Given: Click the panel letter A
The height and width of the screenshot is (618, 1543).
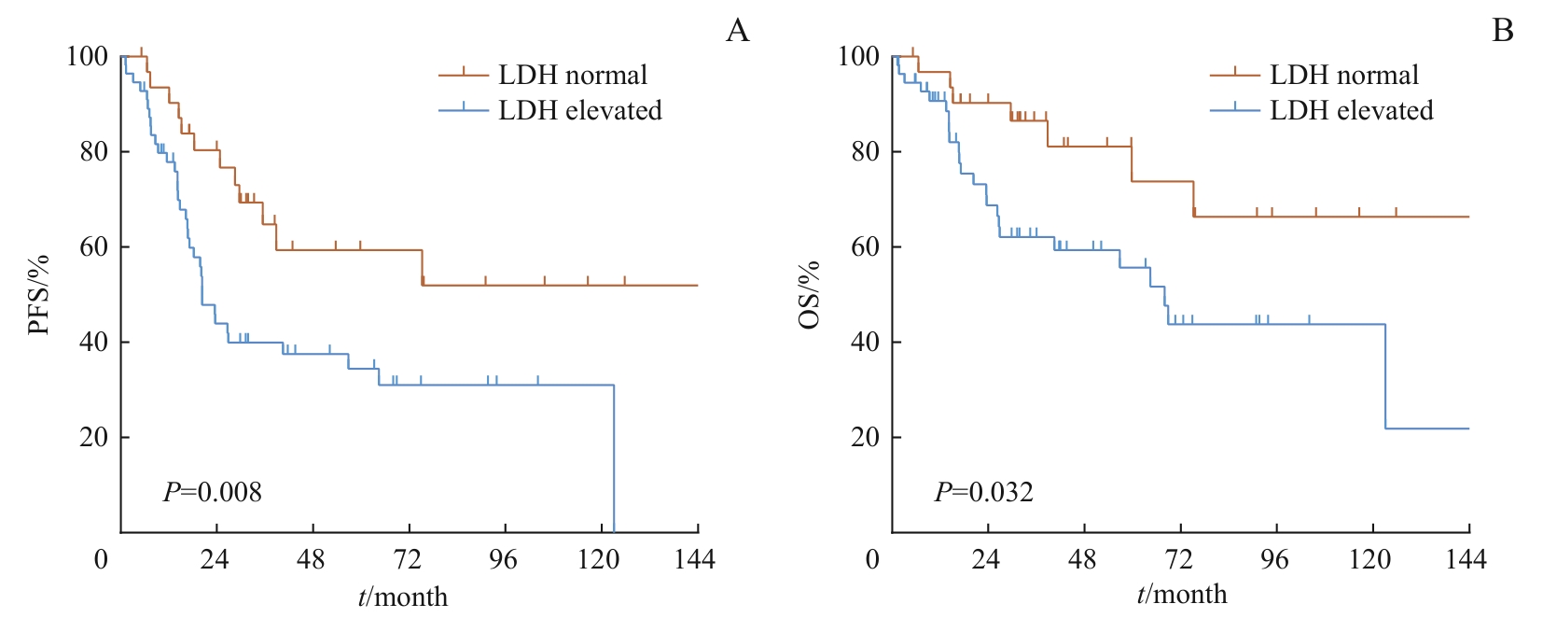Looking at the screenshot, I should coord(737,31).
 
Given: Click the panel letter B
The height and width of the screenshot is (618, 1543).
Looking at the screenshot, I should coord(1502,31).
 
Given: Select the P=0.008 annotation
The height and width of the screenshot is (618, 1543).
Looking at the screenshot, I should coord(213,492).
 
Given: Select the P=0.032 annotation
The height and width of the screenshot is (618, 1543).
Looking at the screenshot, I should coord(984,492).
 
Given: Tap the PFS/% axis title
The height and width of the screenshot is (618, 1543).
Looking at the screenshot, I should coord(38,295).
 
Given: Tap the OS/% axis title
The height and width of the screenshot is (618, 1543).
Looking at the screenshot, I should coord(810,295).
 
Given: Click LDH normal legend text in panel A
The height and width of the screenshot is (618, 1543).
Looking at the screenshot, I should coord(572,75).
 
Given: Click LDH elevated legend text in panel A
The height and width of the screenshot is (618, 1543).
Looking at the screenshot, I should coord(579,110).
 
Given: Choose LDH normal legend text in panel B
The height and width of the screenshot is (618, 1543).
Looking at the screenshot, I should coord(1343,75).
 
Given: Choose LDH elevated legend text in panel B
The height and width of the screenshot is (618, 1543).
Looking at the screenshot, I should coord(1351,110).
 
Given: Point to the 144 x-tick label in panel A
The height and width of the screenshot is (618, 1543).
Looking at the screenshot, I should coord(694,559).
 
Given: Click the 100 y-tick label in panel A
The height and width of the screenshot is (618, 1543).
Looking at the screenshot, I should coord(87,56).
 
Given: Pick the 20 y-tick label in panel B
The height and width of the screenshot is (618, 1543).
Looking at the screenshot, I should coord(865,437).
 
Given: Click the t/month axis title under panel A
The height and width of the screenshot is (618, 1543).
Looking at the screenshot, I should coord(403,597).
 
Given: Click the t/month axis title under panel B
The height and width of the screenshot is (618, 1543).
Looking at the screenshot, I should coord(1181,595).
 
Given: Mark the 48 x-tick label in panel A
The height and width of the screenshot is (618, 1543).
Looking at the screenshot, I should coord(311,559).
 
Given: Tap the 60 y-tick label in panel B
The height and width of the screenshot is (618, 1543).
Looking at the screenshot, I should coord(865,246).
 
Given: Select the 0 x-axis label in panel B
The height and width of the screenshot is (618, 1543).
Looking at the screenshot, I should coord(872,559).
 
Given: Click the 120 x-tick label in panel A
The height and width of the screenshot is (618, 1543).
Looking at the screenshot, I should coord(598,559).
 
